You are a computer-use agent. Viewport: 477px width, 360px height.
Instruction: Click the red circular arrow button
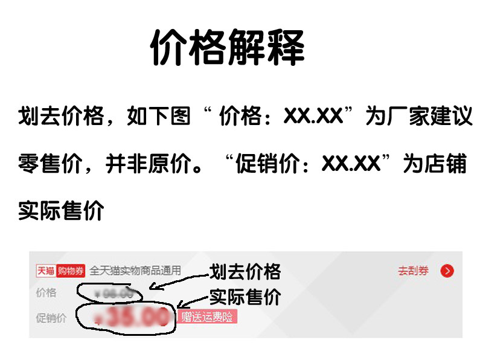click(447, 271)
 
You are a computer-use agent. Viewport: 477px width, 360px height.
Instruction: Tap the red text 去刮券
click(413, 271)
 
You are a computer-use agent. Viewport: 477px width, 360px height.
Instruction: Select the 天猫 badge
click(45, 271)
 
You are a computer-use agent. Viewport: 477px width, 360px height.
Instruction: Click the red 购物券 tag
click(71, 271)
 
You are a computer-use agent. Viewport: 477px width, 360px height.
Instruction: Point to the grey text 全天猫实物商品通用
click(135, 271)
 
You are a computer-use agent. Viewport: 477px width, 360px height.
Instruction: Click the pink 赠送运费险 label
click(206, 317)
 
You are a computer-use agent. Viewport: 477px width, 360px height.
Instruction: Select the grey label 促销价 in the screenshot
click(51, 318)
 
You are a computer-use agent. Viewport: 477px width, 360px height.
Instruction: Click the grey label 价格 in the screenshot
click(46, 294)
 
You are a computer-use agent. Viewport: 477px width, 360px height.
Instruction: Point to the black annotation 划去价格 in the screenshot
click(245, 272)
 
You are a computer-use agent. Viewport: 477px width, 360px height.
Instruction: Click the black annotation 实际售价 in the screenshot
click(245, 297)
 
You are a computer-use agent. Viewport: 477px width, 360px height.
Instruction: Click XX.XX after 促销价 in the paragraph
click(351, 164)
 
